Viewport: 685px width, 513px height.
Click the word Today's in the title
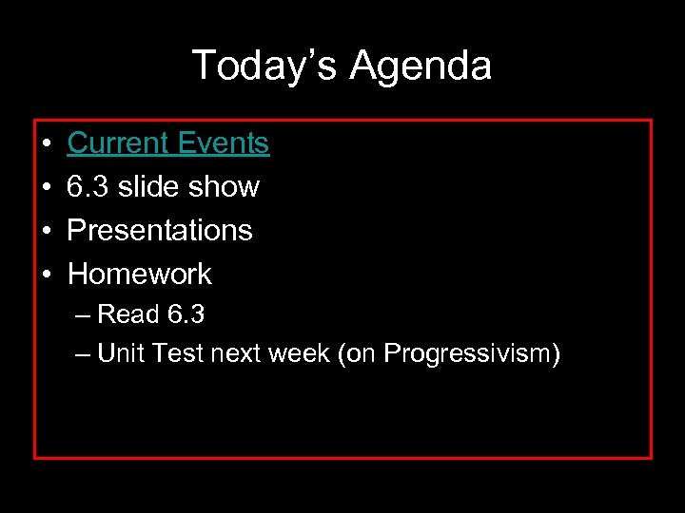(264, 66)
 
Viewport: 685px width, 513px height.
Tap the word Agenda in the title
(421, 66)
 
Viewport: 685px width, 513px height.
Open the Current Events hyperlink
(168, 143)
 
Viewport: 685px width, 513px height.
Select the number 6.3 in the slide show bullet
(88, 187)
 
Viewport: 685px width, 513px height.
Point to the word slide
(147, 187)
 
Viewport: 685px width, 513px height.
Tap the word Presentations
(160, 231)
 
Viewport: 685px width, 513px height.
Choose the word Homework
(140, 275)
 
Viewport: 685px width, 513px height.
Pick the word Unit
(119, 354)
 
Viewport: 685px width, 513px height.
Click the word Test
(174, 354)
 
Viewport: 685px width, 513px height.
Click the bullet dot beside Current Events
(47, 144)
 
